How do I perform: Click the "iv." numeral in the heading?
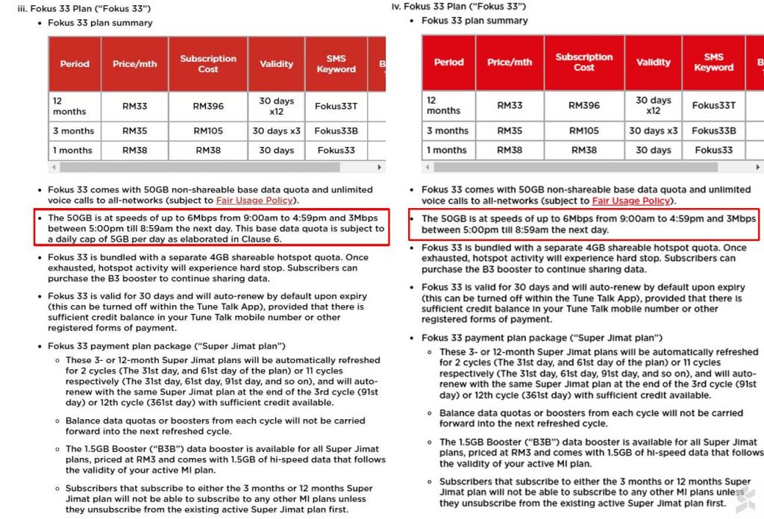click(x=396, y=7)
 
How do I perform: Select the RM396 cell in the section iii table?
click(x=208, y=106)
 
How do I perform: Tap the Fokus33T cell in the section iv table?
click(x=713, y=105)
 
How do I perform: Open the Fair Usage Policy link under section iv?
click(x=630, y=201)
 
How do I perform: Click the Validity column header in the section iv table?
click(x=654, y=63)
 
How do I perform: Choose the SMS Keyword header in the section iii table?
click(x=336, y=64)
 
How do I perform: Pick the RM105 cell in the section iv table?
click(x=583, y=130)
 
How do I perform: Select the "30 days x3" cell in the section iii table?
click(x=276, y=131)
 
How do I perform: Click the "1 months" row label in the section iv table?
click(x=446, y=150)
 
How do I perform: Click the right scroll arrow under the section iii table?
click(x=380, y=168)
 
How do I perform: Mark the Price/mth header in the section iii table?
click(x=135, y=64)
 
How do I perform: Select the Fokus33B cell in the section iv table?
click(x=713, y=130)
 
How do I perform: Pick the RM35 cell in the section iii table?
click(x=135, y=131)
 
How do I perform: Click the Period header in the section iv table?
click(x=448, y=63)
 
